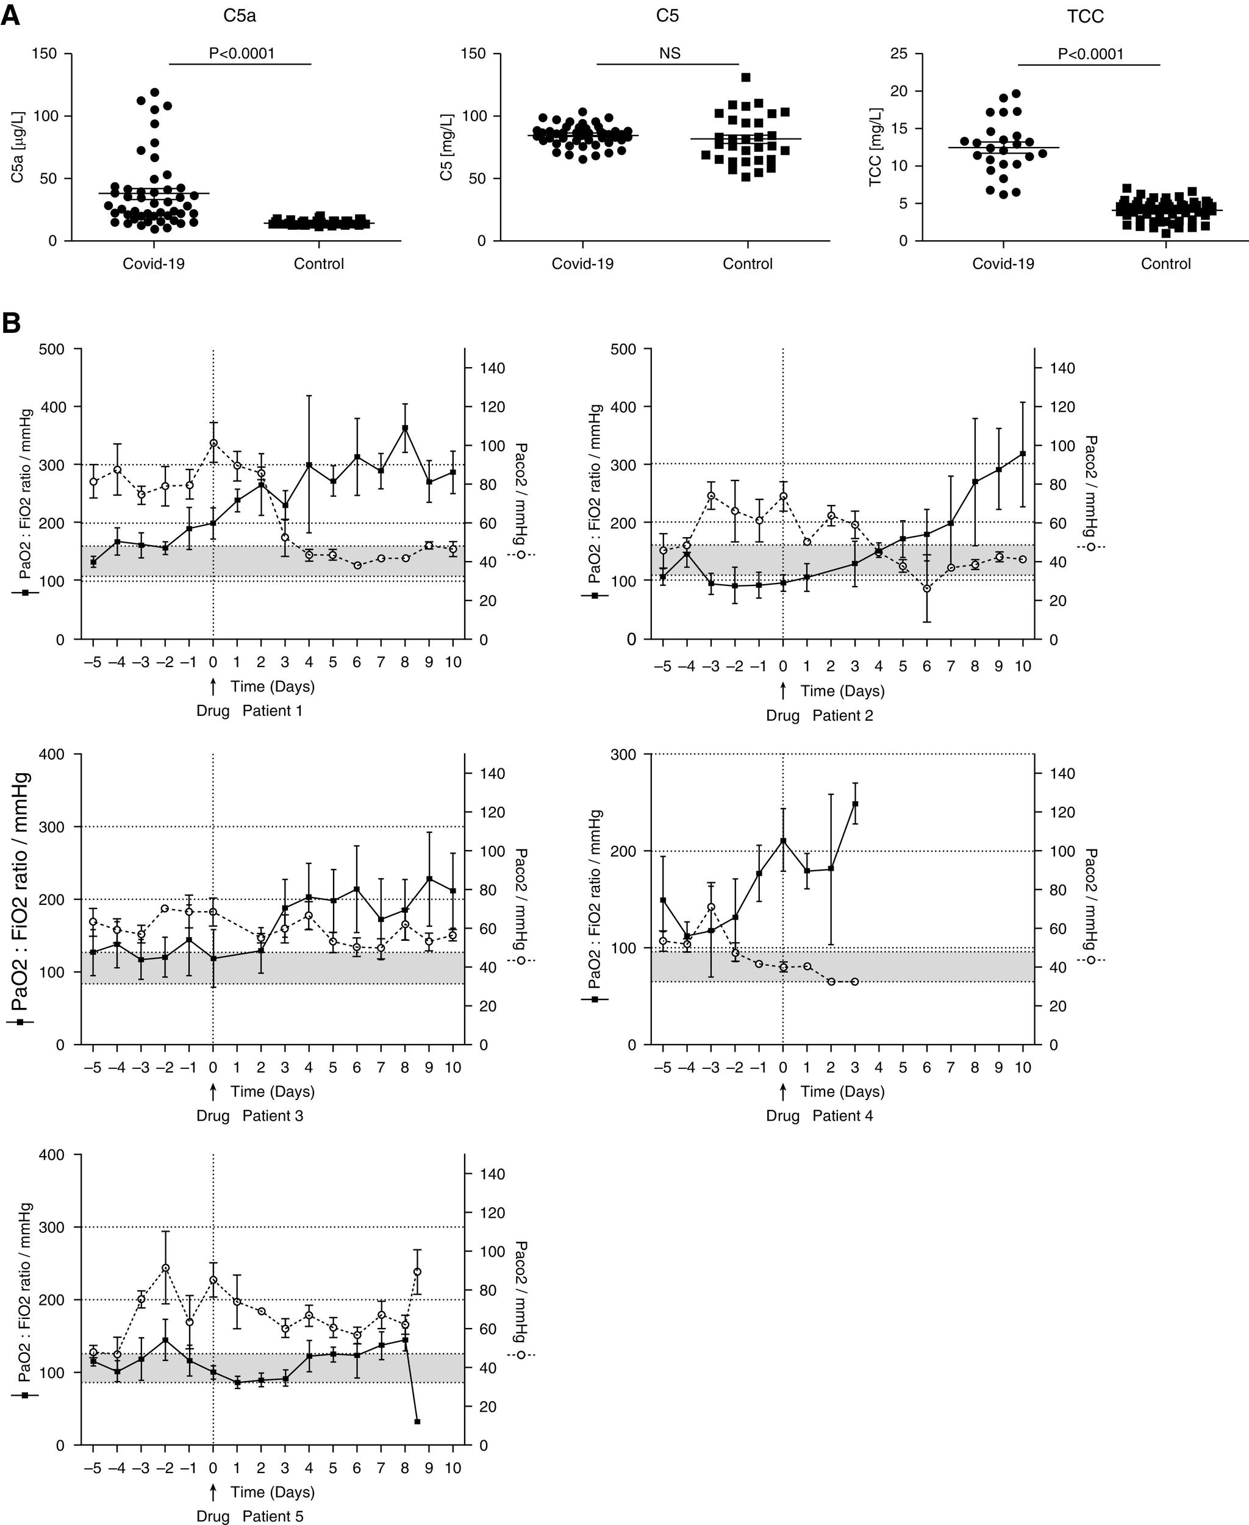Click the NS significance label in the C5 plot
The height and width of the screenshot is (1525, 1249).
coord(669,53)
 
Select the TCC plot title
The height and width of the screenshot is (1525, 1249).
coord(1085,16)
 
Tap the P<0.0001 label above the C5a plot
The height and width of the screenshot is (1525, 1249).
coord(242,53)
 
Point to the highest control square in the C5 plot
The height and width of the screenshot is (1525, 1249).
coord(746,77)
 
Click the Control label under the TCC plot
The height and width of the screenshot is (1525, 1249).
coord(1165,264)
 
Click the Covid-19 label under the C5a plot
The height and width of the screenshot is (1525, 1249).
coord(153,264)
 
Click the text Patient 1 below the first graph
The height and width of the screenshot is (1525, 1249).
coord(272,711)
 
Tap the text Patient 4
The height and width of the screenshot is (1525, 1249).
coord(842,1116)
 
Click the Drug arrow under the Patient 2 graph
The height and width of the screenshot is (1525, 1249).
coord(783,691)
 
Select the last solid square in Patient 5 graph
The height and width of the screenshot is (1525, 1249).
coord(417,1421)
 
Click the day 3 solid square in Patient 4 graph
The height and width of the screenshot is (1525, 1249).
coord(856,804)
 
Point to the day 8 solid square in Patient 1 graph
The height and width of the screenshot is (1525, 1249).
coord(405,428)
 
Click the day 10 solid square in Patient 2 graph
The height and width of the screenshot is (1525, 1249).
coord(1022,454)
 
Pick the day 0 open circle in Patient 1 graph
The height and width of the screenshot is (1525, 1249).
coord(213,443)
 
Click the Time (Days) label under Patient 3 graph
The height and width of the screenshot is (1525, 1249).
coord(273,1091)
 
